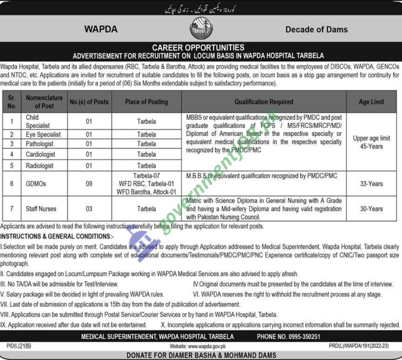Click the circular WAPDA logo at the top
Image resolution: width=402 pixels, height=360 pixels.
coord(202,29)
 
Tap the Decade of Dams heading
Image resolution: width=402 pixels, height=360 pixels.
coord(316,29)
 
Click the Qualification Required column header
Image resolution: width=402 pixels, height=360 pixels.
coord(264,102)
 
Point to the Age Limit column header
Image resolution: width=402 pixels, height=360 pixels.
coord(371,102)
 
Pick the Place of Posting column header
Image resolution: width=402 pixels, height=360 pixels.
coord(146,102)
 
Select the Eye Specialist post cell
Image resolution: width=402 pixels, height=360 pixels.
coord(43,134)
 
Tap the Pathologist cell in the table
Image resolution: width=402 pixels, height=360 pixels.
coord(40,144)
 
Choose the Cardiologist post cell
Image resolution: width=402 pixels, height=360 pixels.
coord(41,154)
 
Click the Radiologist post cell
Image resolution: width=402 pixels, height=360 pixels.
coord(40,166)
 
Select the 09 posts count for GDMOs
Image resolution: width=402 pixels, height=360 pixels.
coord(88,184)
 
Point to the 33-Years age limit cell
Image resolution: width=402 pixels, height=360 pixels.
coord(371,184)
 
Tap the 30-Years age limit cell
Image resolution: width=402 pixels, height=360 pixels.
coord(371,209)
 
